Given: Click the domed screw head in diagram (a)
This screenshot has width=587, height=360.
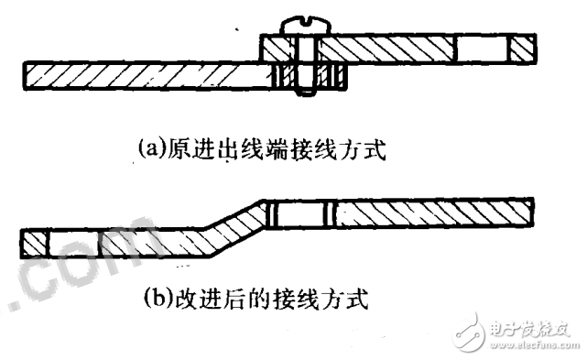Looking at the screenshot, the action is click(x=302, y=23).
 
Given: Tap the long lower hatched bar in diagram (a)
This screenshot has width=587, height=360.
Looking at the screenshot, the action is click(x=137, y=72).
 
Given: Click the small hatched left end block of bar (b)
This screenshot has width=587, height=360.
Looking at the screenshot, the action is click(x=33, y=243).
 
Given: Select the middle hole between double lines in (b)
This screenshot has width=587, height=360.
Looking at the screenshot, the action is click(x=302, y=214).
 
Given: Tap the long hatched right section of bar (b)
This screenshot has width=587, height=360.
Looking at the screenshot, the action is click(x=430, y=214).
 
